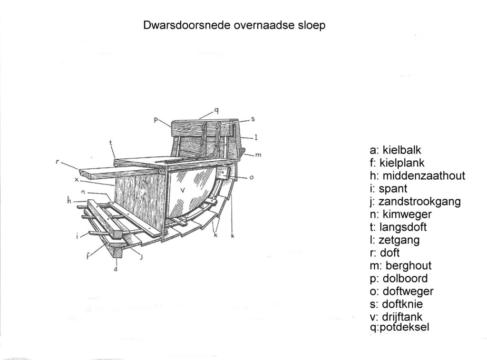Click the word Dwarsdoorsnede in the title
pyautogui.click(x=186, y=25)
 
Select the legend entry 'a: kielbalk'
pyautogui.click(x=395, y=150)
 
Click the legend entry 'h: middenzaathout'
pyautogui.click(x=418, y=176)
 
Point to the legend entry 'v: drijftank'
pyautogui.click(x=396, y=317)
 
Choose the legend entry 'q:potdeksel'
pyautogui.click(x=399, y=327)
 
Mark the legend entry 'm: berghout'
pyautogui.click(x=400, y=266)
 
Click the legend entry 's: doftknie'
pyautogui.click(x=396, y=304)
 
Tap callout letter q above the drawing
pyautogui.click(x=216, y=110)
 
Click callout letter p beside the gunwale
pyautogui.click(x=156, y=119)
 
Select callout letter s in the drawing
pyautogui.click(x=253, y=119)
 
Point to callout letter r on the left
pyautogui.click(x=58, y=162)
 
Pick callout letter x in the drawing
pyautogui.click(x=77, y=180)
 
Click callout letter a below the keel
pyautogui.click(x=116, y=269)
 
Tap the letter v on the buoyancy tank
pyautogui.click(x=183, y=190)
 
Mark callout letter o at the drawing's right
pyautogui.click(x=251, y=177)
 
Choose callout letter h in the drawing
pyautogui.click(x=69, y=201)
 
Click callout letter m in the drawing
pyautogui.click(x=258, y=155)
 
